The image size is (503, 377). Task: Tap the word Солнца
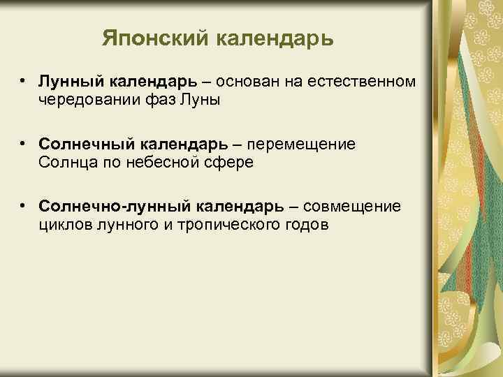pos(67,162)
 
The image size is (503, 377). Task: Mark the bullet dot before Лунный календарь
pos(24,82)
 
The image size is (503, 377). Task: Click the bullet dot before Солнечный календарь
pos(24,144)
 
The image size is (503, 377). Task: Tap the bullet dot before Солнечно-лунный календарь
pos(24,207)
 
